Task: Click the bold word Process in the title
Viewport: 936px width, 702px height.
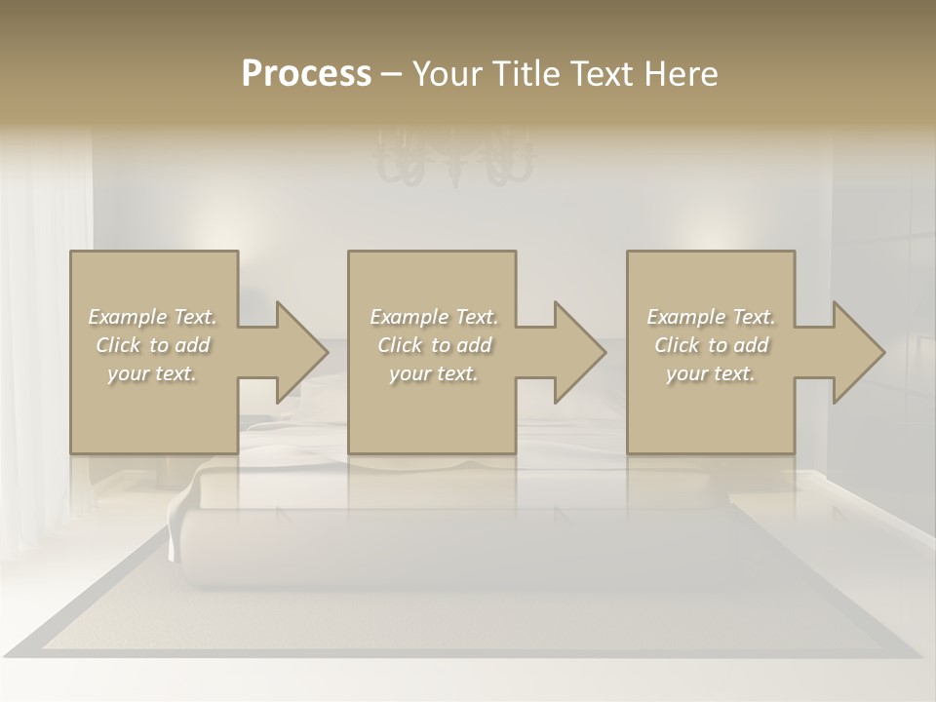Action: pyautogui.click(x=306, y=74)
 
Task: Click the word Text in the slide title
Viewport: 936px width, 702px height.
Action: pyautogui.click(x=602, y=74)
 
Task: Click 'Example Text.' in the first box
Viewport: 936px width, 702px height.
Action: pyautogui.click(x=153, y=317)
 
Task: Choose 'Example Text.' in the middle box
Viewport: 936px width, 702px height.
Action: pyautogui.click(x=434, y=317)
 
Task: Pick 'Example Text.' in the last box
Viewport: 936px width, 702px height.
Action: pyautogui.click(x=711, y=317)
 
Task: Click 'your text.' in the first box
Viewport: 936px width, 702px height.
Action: pyautogui.click(x=153, y=373)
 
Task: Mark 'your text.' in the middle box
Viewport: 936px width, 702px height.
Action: pyautogui.click(x=434, y=373)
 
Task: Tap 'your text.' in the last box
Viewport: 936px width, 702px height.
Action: pyautogui.click(x=711, y=373)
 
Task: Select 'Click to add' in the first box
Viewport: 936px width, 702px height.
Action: pyautogui.click(x=153, y=345)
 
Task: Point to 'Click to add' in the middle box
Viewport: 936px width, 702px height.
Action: pyautogui.click(x=434, y=345)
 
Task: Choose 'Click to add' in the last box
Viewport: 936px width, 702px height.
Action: pyautogui.click(x=711, y=345)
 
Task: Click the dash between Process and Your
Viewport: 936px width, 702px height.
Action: pyautogui.click(x=391, y=75)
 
